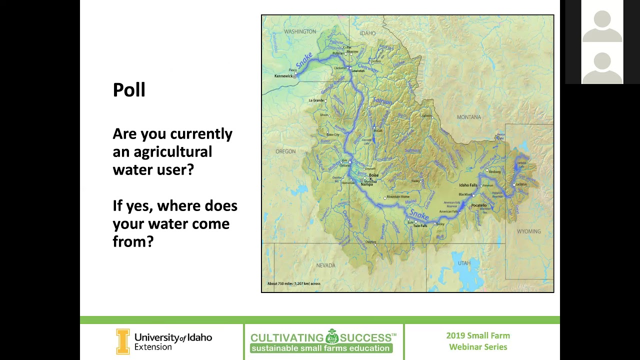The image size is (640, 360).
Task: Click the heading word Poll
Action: point(129,90)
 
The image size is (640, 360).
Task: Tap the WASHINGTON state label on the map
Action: point(300,31)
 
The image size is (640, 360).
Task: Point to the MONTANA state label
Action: point(468,117)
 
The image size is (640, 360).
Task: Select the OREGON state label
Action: point(285,151)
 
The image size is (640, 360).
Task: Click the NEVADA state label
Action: point(325,265)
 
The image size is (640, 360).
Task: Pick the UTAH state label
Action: point(464,263)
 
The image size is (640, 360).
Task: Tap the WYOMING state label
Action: point(528,231)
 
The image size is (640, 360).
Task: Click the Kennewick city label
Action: point(283,76)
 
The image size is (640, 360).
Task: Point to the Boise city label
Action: point(373,175)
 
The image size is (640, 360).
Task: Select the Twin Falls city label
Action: point(420,226)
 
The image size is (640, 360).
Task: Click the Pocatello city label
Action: point(478,205)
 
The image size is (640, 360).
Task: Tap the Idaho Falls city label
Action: point(468,185)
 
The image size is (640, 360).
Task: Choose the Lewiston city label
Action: point(358,71)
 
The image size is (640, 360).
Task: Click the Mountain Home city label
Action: point(398,196)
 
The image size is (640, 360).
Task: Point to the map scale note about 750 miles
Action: point(294,283)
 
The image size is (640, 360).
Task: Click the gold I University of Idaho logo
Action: point(122,341)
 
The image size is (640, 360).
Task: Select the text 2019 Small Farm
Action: point(478,335)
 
